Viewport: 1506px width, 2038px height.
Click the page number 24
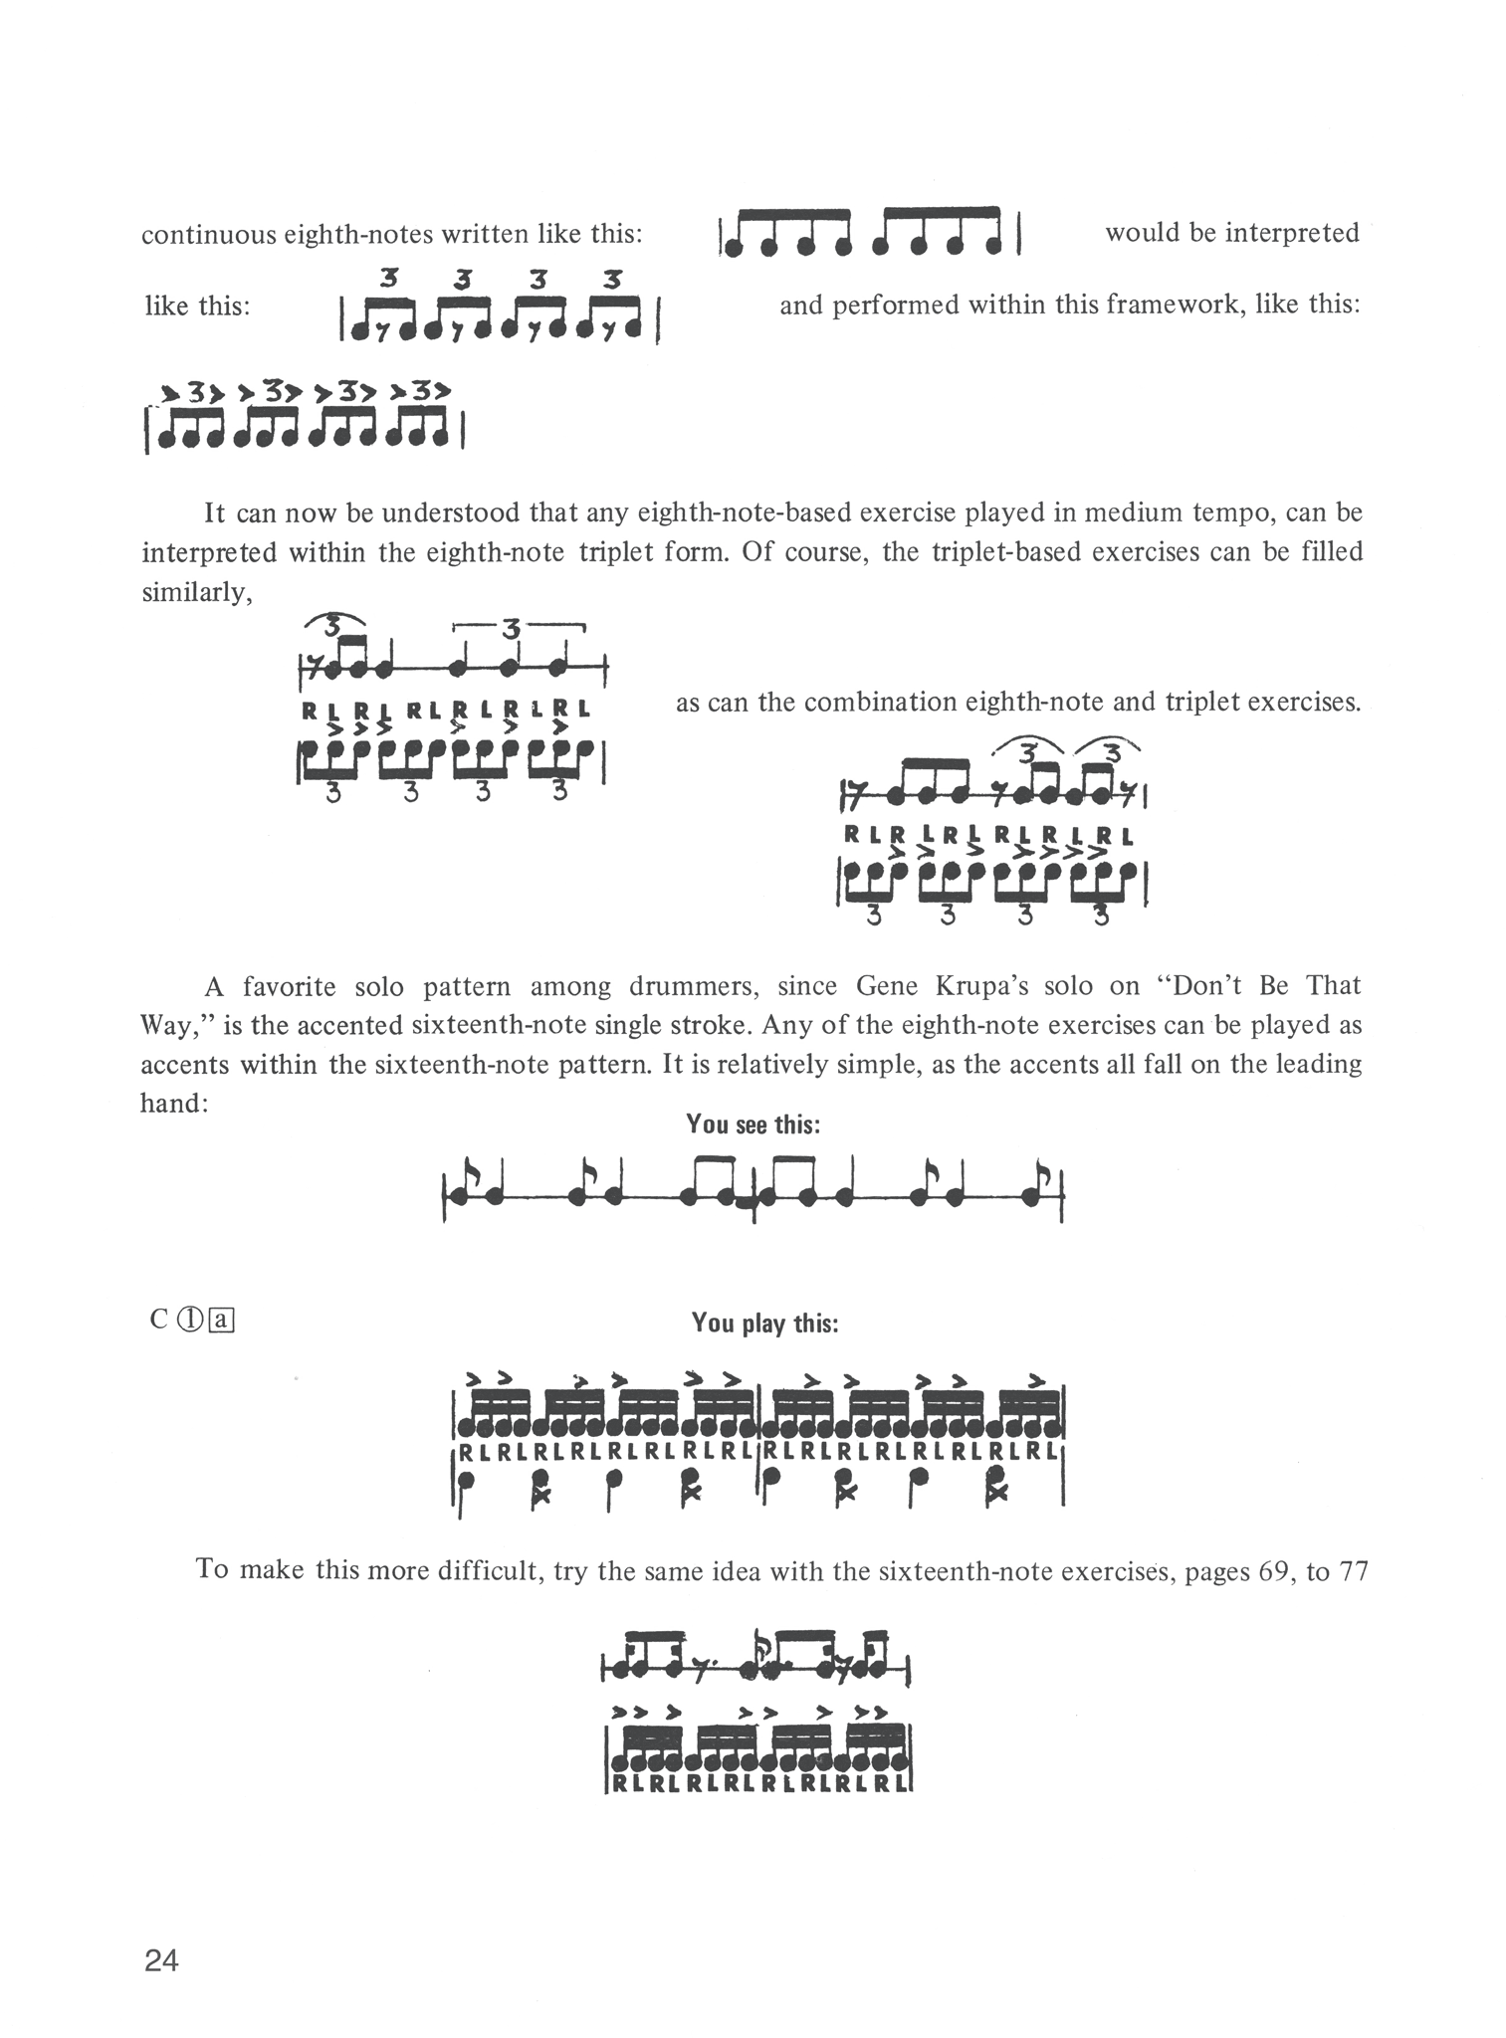click(161, 1960)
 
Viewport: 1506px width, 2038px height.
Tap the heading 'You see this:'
click(753, 1124)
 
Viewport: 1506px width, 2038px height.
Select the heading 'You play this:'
click(764, 1324)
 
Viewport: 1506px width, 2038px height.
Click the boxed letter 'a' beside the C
click(221, 1321)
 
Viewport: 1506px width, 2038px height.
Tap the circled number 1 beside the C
click(190, 1321)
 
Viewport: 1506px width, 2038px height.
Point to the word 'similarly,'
click(196, 593)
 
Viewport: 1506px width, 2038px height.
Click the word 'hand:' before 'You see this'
click(174, 1104)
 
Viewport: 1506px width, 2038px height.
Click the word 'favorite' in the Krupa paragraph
click(290, 986)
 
